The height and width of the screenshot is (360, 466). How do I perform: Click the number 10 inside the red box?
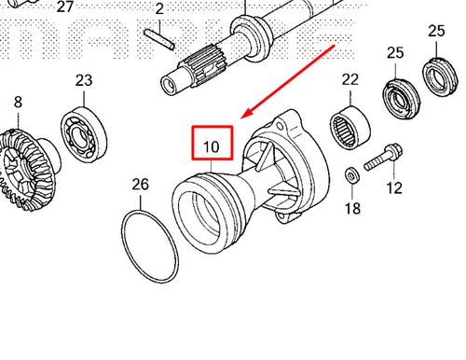(x=211, y=146)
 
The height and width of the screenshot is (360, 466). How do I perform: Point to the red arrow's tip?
(x=241, y=118)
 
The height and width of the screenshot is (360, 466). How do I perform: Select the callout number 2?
(x=159, y=9)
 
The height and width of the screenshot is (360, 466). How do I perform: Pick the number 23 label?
(x=84, y=81)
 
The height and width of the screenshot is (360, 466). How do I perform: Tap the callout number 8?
(x=17, y=101)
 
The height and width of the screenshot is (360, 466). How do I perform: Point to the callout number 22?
(x=349, y=80)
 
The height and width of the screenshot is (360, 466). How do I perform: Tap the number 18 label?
(x=352, y=209)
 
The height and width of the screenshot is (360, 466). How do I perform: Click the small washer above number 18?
(x=351, y=174)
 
